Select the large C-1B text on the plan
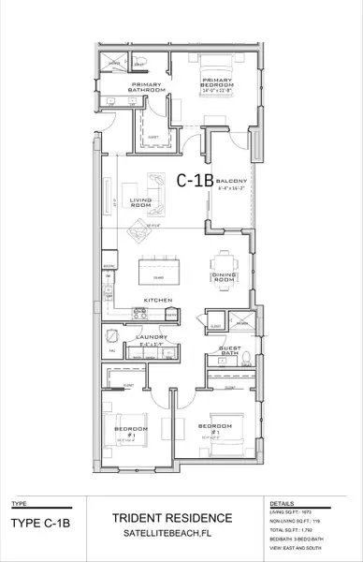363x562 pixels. (x=195, y=178)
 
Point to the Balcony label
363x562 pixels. (x=230, y=183)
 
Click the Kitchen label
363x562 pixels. (x=155, y=301)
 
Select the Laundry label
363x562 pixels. (x=151, y=337)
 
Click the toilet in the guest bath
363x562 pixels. (x=242, y=360)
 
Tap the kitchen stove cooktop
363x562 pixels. (x=109, y=279)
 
